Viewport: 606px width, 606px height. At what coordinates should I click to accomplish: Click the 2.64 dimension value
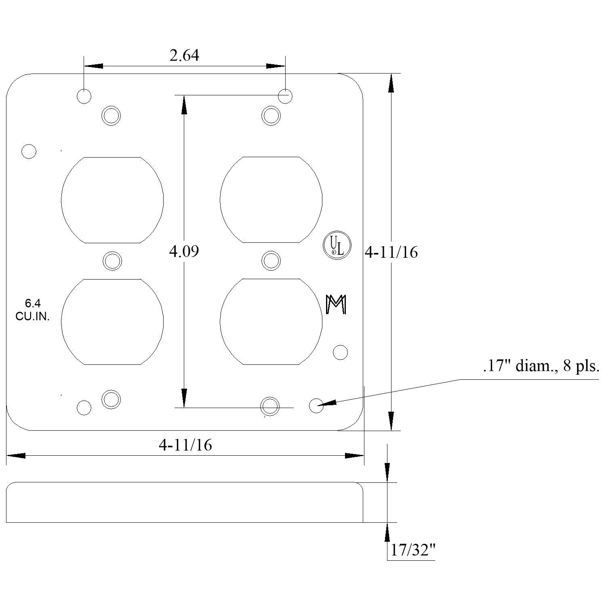point(184,56)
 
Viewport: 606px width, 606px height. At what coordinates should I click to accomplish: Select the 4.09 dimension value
point(184,251)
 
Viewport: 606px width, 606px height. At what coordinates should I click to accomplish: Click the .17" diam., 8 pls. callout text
point(541,367)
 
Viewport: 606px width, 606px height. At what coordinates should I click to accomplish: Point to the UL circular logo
point(337,245)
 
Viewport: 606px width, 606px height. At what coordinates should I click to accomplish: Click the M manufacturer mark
point(336,305)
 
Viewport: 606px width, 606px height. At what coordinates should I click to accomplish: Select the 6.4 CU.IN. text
point(32,310)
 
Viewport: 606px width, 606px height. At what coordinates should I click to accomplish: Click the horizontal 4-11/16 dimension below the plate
point(185,445)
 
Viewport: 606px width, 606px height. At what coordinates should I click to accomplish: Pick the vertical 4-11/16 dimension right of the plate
point(391,252)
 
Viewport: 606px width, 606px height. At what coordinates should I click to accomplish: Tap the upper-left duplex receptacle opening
point(112,200)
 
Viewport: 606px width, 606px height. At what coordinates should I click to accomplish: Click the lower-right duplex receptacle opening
point(271,322)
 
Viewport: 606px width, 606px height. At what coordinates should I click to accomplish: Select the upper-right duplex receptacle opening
point(271,200)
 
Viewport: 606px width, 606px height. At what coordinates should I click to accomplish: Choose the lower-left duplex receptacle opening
point(112,322)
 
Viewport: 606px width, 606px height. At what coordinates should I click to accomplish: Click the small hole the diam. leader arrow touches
point(316,405)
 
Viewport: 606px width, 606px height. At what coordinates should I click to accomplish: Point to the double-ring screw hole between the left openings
point(112,261)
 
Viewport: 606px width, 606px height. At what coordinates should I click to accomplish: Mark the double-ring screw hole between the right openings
point(271,261)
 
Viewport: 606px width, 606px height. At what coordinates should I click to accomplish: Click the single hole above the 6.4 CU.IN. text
point(29,151)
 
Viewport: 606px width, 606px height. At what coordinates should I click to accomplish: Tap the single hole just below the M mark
point(340,352)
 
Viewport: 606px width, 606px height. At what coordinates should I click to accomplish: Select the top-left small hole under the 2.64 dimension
point(84,96)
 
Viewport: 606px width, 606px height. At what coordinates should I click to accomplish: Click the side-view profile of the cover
point(185,502)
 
